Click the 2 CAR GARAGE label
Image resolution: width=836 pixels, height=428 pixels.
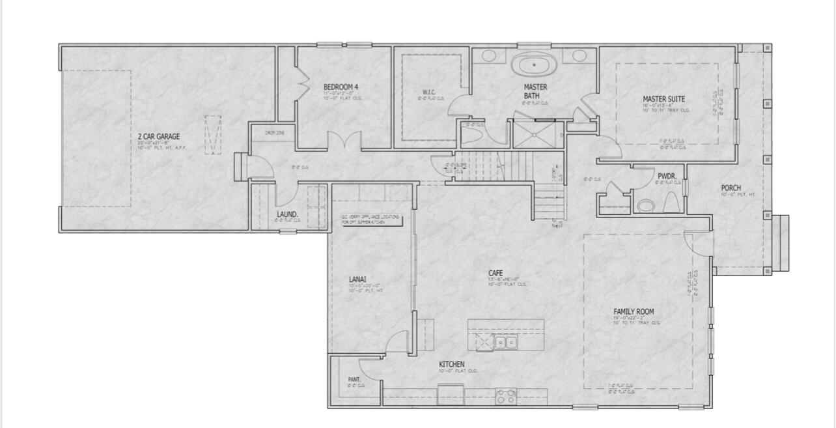coord(158,137)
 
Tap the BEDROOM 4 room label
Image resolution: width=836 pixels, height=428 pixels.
coord(341,87)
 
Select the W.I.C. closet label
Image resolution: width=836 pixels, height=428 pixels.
coord(428,93)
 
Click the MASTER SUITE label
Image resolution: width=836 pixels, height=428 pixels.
coord(663,100)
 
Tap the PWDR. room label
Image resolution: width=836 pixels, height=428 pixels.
coord(667,177)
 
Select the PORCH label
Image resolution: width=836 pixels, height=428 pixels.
coord(731,188)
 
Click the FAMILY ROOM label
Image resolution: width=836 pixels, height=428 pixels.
coord(634,312)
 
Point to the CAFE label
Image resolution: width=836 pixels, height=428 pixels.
coord(495,274)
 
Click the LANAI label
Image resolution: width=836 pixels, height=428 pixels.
coord(357,280)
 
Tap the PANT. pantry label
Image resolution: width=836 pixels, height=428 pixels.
coord(354,380)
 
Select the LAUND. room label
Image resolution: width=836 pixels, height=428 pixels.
coord(287,214)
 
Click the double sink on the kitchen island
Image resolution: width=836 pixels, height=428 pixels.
coord(505,341)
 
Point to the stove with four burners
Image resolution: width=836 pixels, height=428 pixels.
coord(506,395)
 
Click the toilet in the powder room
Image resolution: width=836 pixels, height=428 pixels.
coord(645,207)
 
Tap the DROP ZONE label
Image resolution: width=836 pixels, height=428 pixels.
coord(273,133)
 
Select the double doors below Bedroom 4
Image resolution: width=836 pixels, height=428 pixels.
coord(343,141)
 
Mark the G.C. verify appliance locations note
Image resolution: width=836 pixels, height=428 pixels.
coord(368,220)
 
